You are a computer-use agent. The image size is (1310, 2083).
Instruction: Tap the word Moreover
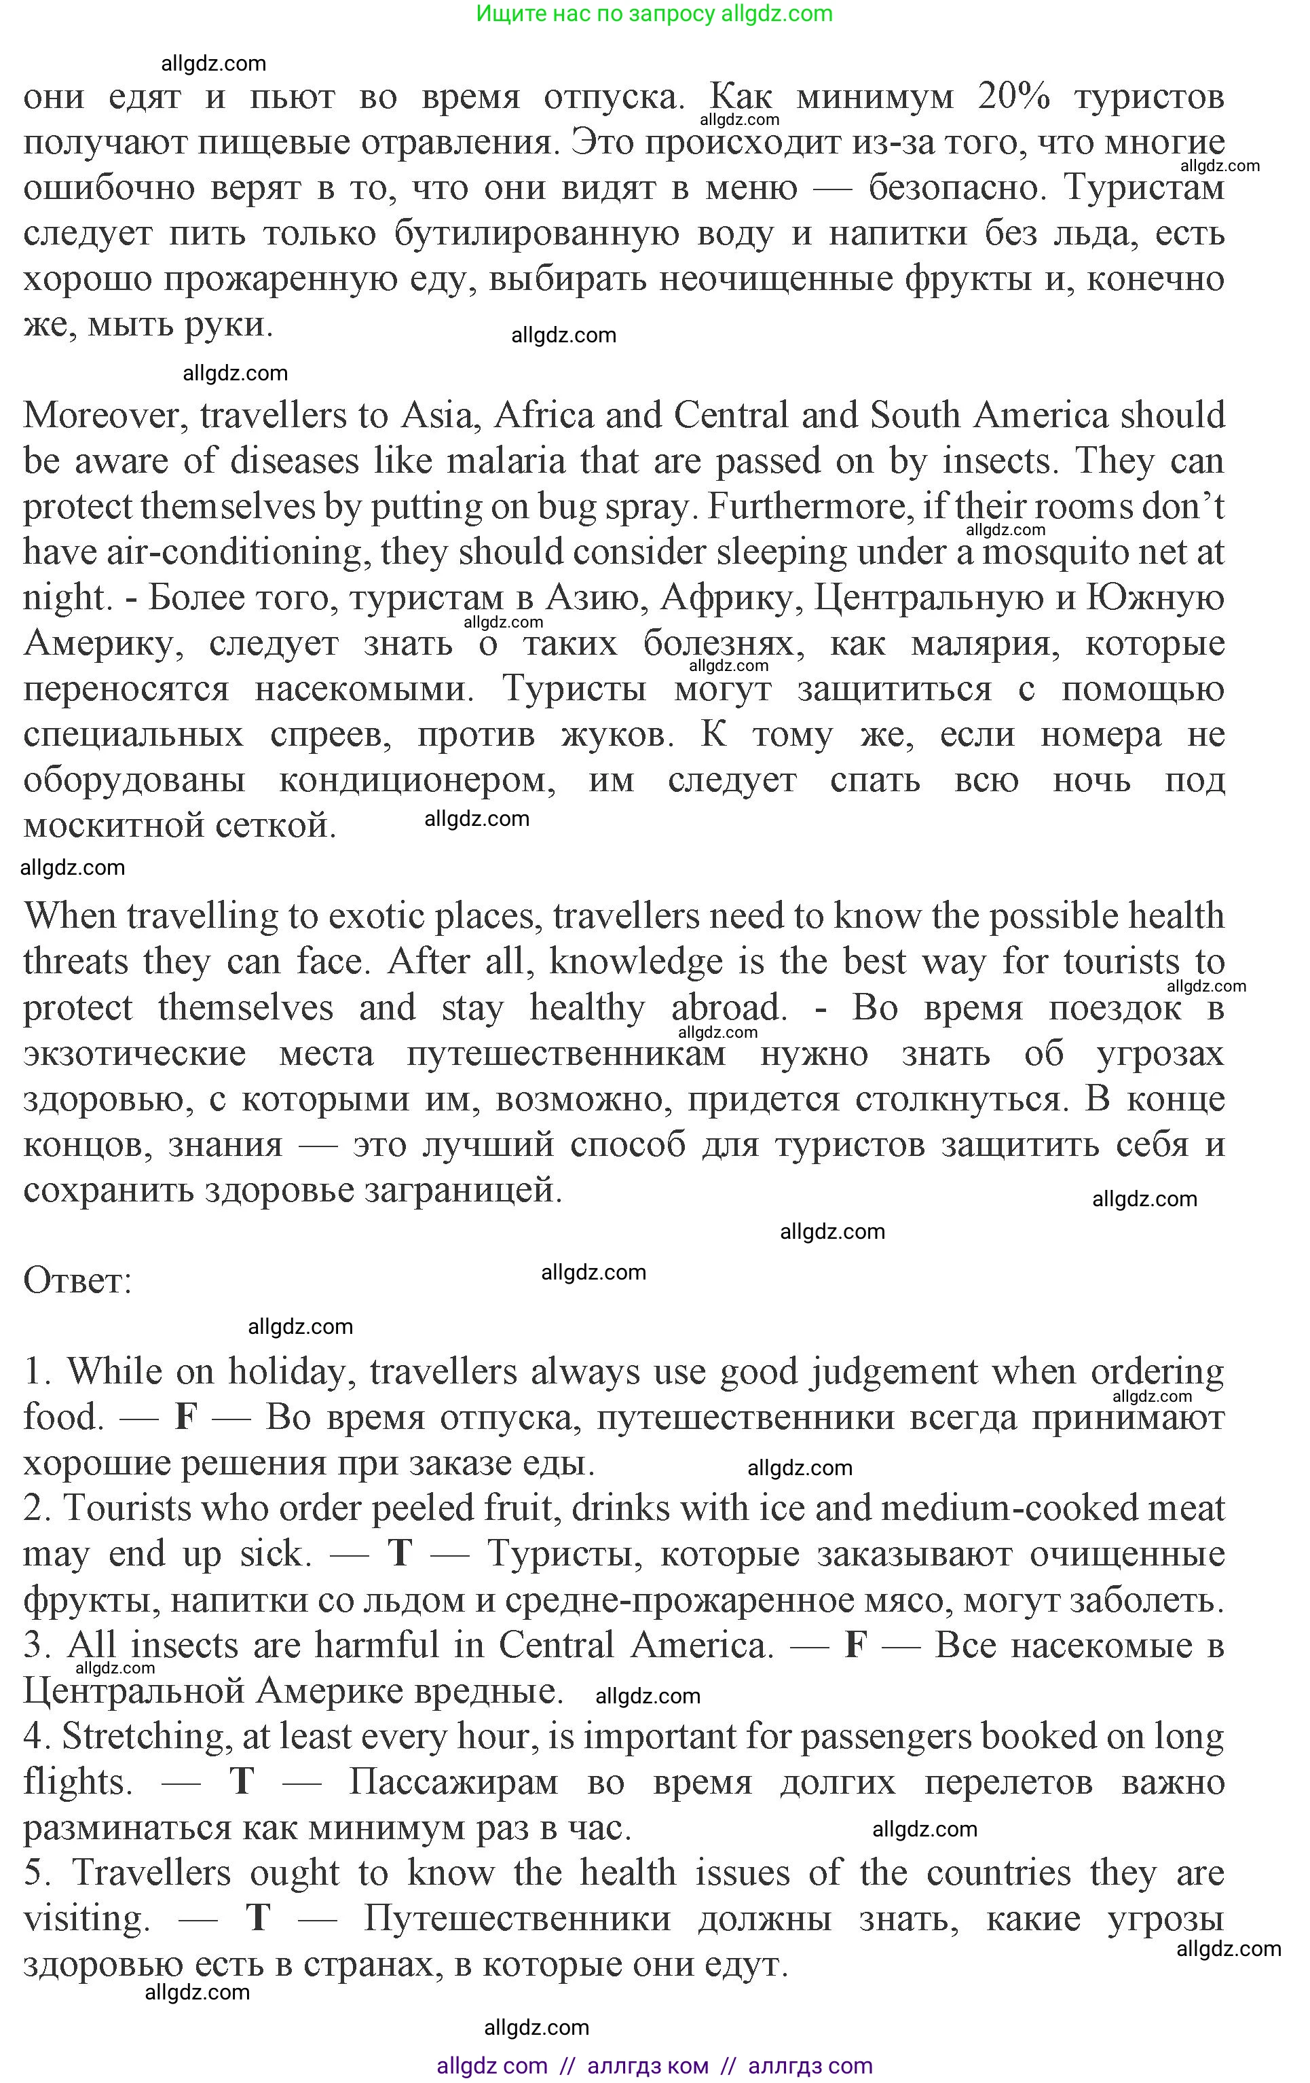pyautogui.click(x=103, y=416)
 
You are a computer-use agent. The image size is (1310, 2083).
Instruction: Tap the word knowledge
pyautogui.click(x=635, y=962)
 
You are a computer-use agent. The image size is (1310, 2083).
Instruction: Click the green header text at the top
pyautogui.click(x=654, y=14)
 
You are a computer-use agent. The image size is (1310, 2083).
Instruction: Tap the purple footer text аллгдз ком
pyautogui.click(x=648, y=2067)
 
